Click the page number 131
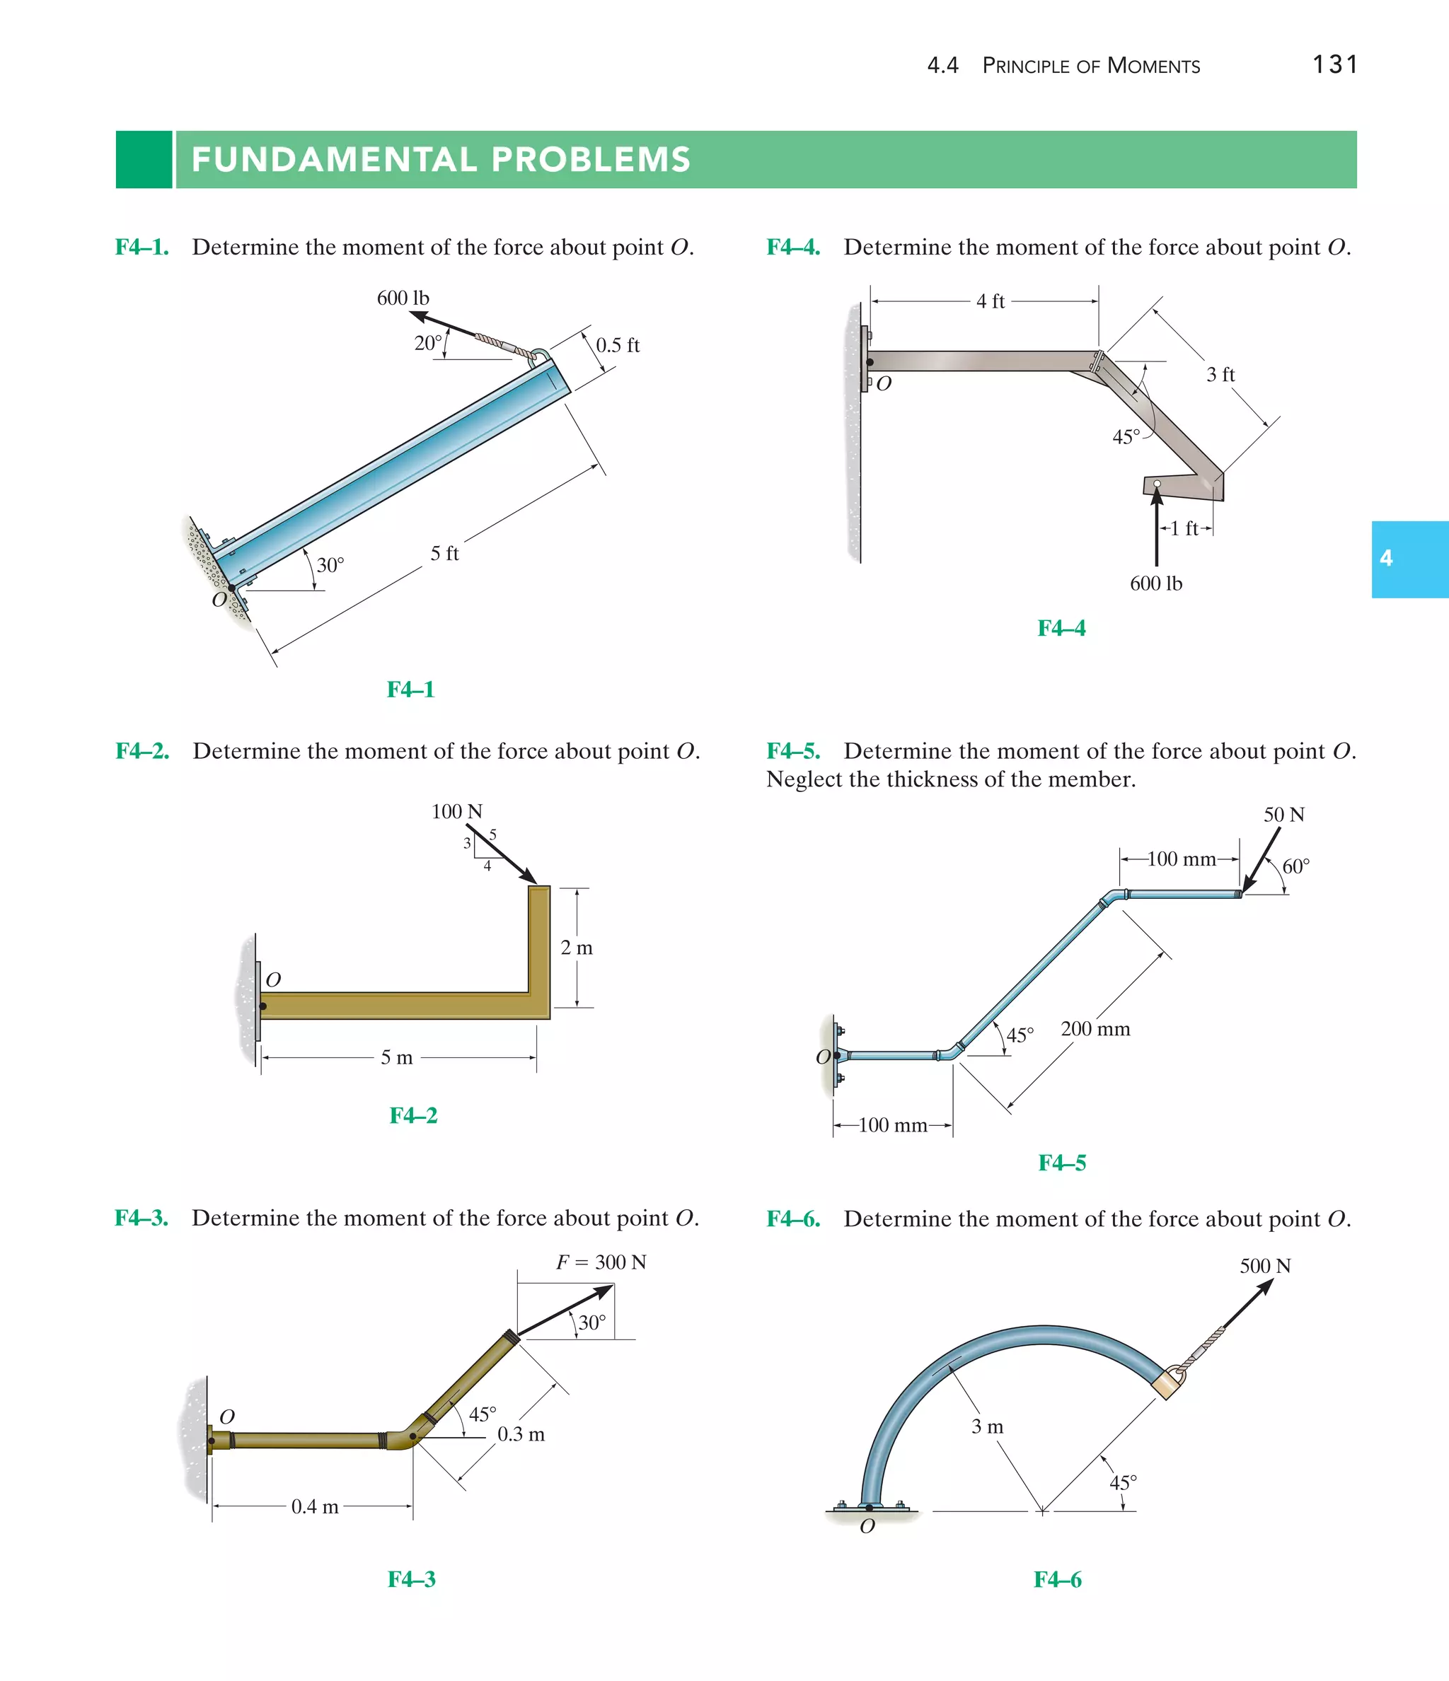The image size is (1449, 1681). coord(1334,64)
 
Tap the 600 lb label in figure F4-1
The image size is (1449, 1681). coord(403,298)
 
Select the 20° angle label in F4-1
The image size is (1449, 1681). coord(428,343)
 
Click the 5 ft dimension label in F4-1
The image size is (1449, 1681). coord(444,553)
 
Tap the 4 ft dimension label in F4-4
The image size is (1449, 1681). coord(990,302)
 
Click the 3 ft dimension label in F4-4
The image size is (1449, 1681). coord(1219,375)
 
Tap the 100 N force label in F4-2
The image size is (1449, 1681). coord(456,811)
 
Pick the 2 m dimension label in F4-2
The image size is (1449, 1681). coord(577,948)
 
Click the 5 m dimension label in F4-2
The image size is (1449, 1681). coord(397,1058)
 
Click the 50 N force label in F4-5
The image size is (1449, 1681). coord(1283,815)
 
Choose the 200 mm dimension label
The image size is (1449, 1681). coord(1095,1029)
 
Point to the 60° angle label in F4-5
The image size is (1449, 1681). coord(1295,866)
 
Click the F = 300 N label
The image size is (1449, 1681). coord(601,1262)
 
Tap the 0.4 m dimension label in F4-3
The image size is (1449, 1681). coord(315,1506)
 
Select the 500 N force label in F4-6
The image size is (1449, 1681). coord(1265,1266)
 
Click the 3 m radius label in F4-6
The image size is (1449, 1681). coord(987,1426)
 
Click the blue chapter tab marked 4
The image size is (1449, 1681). coord(1409,559)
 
